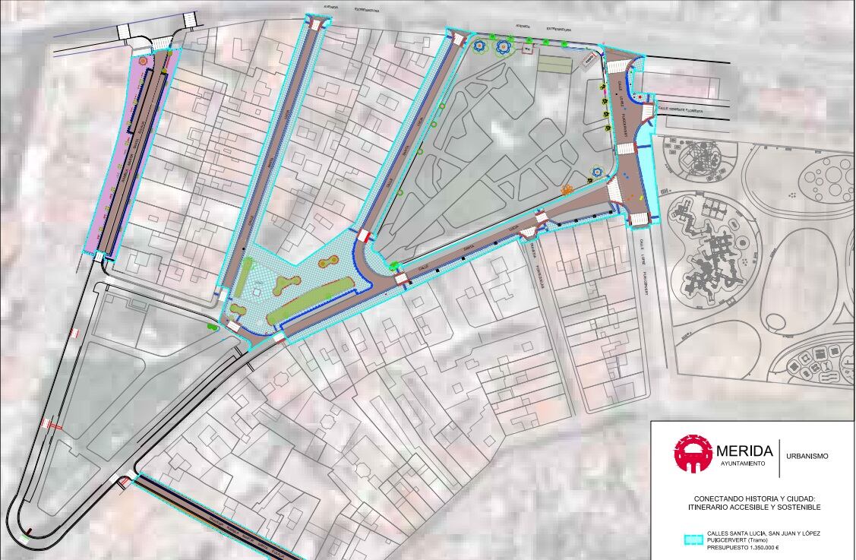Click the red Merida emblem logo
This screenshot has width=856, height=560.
tap(693, 454)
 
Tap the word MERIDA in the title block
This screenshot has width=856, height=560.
tap(744, 451)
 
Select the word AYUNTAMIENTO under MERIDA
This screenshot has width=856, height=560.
tap(743, 463)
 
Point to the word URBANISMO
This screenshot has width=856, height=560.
tap(807, 456)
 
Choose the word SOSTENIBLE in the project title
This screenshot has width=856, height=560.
tap(797, 507)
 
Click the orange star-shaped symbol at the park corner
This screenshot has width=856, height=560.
tap(567, 189)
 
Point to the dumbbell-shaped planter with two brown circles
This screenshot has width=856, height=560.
tap(328, 262)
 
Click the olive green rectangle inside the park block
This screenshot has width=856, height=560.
tap(554, 64)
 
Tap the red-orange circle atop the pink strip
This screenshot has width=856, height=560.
tap(142, 59)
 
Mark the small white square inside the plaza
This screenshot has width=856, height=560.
tap(258, 291)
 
